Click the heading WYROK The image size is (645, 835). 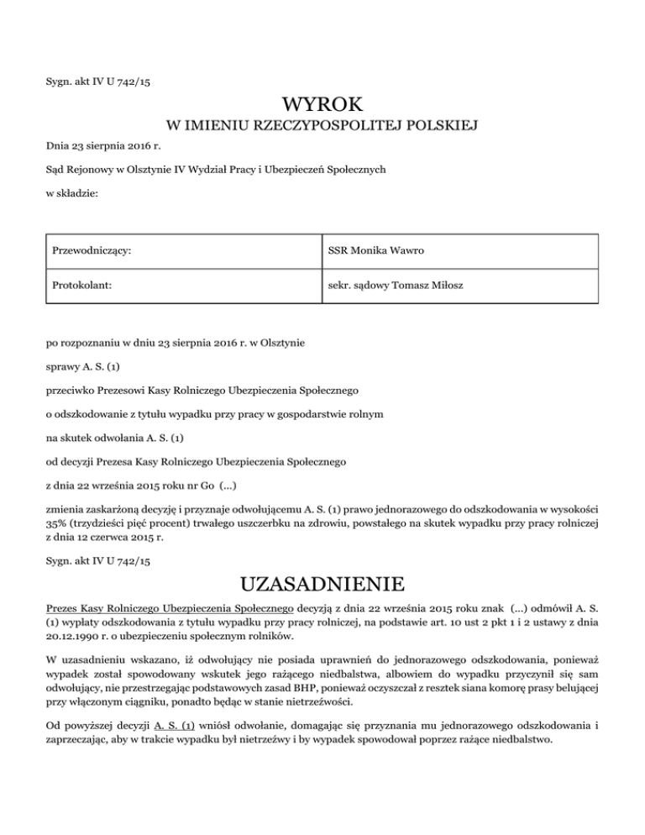(322, 105)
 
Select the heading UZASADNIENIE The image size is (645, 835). (322, 583)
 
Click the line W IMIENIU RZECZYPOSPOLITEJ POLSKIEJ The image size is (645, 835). (322, 128)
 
